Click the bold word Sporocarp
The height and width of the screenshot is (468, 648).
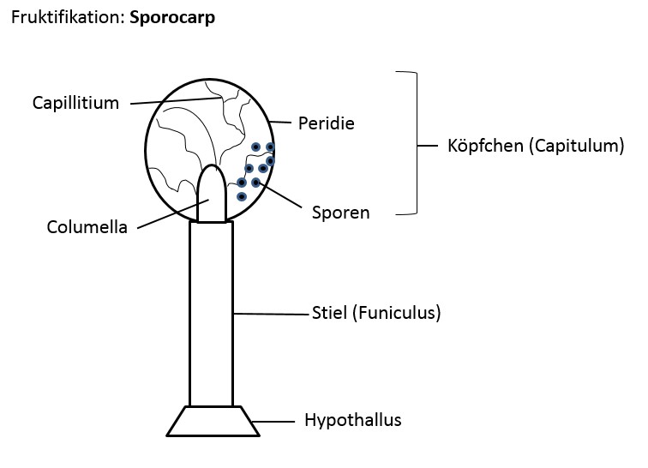coord(172,18)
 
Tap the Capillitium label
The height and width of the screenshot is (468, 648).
coord(75,104)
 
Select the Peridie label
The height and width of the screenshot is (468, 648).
coord(326,123)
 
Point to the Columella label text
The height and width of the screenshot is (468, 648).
coord(87,228)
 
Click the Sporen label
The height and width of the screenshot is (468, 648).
coord(340,213)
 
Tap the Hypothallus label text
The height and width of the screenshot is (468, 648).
coord(352,420)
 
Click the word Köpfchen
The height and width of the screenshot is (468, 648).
coord(483,146)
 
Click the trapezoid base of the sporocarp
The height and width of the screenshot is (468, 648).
coord(212,421)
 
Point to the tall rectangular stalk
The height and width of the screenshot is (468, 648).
coord(211,313)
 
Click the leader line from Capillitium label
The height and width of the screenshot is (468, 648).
coord(176,101)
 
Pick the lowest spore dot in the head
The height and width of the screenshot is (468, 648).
coord(242,197)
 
